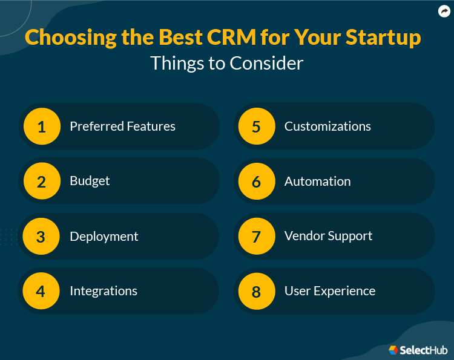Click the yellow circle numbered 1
pyautogui.click(x=42, y=126)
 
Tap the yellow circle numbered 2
pyautogui.click(x=42, y=181)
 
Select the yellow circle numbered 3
pyautogui.click(x=41, y=236)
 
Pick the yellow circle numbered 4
pyautogui.click(x=41, y=291)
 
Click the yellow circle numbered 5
pyautogui.click(x=257, y=126)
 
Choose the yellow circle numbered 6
pyautogui.click(x=257, y=181)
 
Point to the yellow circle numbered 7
pyautogui.click(x=257, y=236)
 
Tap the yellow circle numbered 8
pyautogui.click(x=257, y=291)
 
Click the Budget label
pyautogui.click(x=90, y=182)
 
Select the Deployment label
pyautogui.click(x=104, y=237)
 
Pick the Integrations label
pyautogui.click(x=104, y=291)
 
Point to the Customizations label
pyautogui.click(x=327, y=126)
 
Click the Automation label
pyautogui.click(x=318, y=182)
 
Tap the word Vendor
pyautogui.click(x=304, y=236)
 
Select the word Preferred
pyautogui.click(x=97, y=126)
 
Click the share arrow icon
pyautogui.click(x=444, y=11)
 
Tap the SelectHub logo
pyautogui.click(x=418, y=350)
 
